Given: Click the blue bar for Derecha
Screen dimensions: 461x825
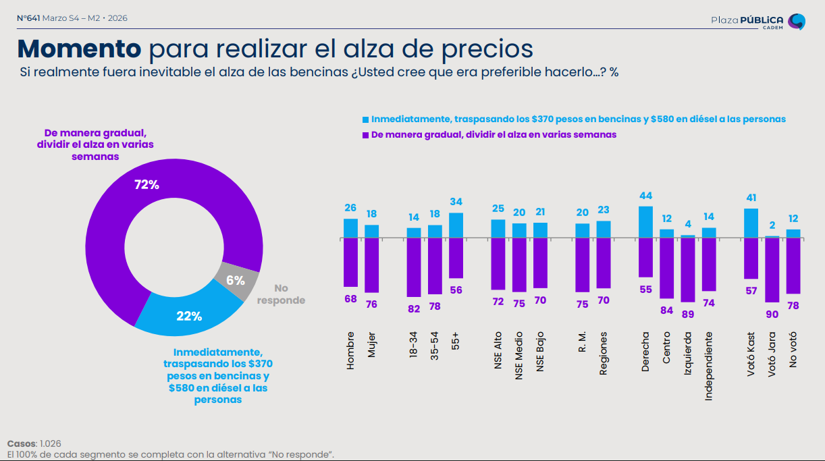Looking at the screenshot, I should [645, 222].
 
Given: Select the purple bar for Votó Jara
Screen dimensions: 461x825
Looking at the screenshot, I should [772, 270].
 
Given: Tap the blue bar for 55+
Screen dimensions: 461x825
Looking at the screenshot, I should [456, 225].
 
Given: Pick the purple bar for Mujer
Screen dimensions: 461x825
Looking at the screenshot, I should [372, 265].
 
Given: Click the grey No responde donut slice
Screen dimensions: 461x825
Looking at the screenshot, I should [236, 281].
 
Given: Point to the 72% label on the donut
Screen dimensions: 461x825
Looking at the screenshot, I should [147, 185].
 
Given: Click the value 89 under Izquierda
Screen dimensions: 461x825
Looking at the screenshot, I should [687, 314].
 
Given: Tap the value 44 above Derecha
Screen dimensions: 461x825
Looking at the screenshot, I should [645, 196].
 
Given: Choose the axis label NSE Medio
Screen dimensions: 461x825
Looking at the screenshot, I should [518, 355].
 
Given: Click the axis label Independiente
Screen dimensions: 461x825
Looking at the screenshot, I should [708, 366].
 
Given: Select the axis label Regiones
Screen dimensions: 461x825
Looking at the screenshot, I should [603, 352].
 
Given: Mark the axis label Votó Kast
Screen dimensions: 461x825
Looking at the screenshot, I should [751, 353].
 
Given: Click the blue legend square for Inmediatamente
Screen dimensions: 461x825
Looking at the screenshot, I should [366, 119].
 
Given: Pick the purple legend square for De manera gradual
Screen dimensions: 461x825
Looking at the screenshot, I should [366, 135].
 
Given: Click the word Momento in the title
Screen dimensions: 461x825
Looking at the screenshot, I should [78, 49].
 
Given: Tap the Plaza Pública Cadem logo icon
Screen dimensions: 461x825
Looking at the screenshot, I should [797, 22].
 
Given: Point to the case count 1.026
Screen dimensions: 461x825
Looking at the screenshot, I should [51, 443].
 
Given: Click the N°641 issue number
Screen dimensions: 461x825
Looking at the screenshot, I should [28, 18].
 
